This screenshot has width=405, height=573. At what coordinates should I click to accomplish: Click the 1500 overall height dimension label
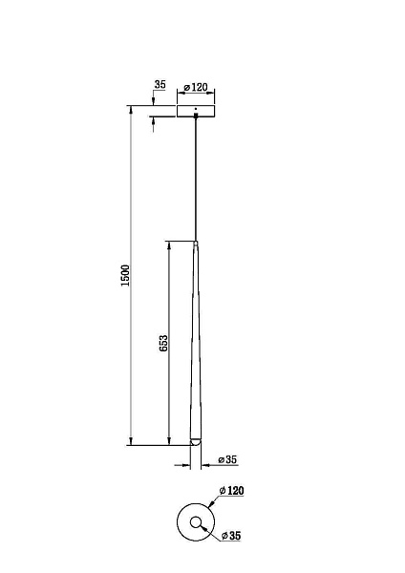point(125,276)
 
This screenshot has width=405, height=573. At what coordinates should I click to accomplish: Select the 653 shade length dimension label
point(163,343)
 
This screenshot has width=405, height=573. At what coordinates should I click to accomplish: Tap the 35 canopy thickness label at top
point(160,84)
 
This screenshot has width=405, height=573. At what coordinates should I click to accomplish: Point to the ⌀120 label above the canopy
point(196,87)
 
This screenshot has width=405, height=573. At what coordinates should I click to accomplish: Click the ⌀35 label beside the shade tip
point(227,459)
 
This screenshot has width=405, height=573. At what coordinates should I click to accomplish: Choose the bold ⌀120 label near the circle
point(231,491)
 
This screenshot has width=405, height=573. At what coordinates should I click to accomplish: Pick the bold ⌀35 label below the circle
point(231,536)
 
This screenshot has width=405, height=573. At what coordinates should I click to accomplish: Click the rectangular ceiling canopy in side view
point(196,111)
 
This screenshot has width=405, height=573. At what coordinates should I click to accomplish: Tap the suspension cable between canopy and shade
point(196,180)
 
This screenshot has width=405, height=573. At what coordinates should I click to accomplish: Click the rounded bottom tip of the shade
point(196,441)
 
